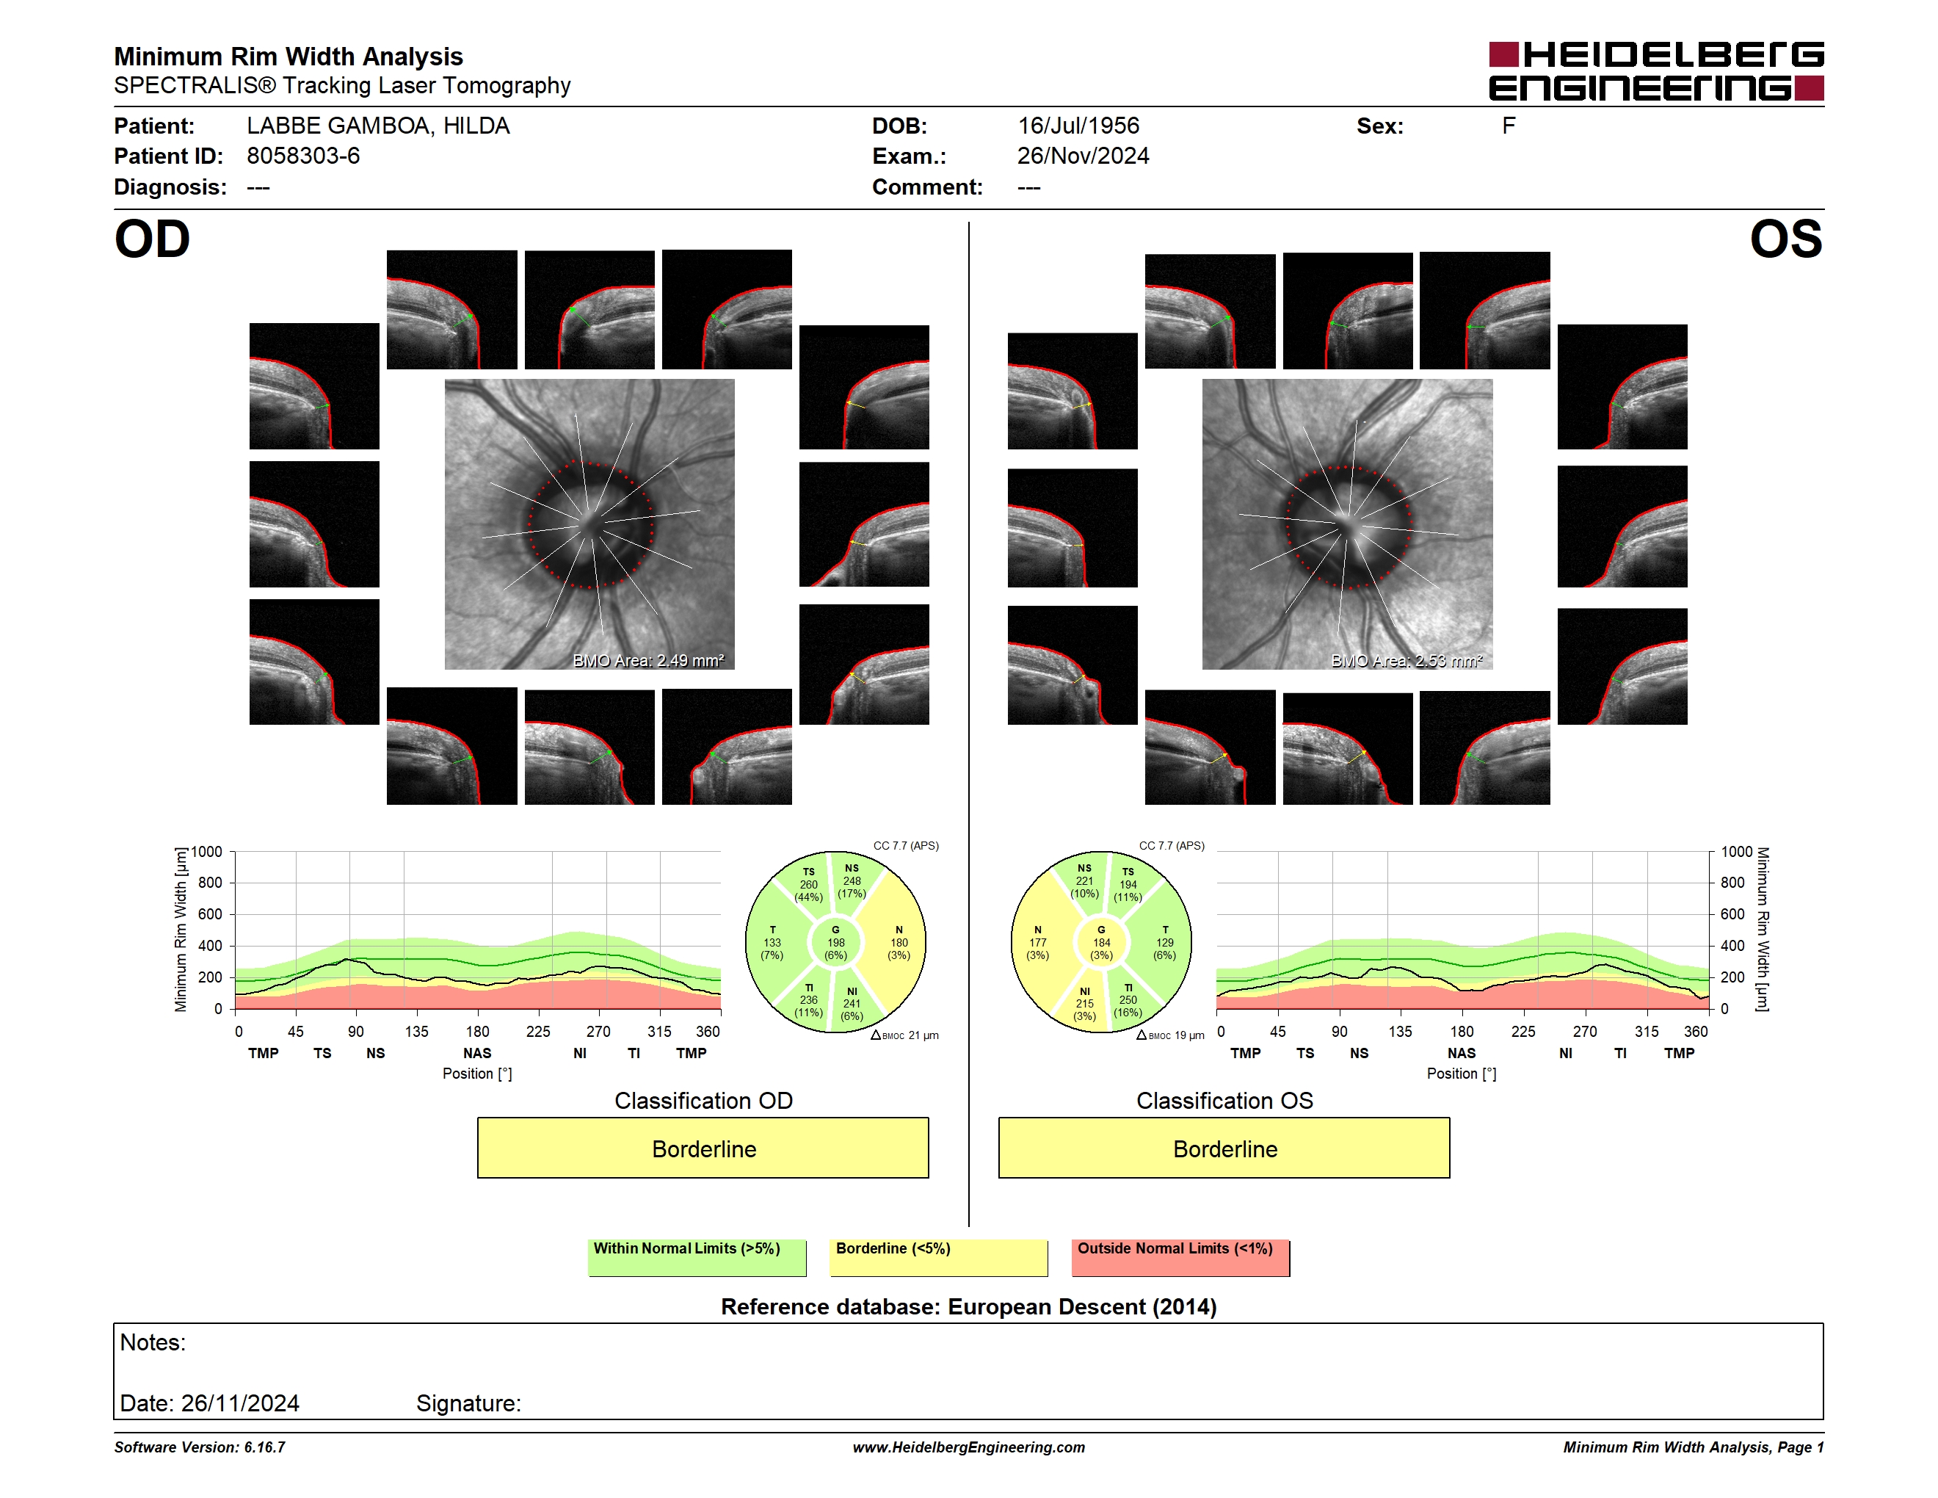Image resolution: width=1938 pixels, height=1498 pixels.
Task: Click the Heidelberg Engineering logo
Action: pyautogui.click(x=1656, y=71)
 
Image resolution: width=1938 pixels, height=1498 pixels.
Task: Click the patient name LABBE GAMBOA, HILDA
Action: pyautogui.click(x=378, y=126)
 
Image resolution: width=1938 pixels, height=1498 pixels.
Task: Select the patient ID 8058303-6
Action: pyautogui.click(x=303, y=156)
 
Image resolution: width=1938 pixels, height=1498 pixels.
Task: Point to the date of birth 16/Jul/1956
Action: pyautogui.click(x=1078, y=126)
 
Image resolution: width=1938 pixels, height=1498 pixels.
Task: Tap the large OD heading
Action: pyautogui.click(x=152, y=239)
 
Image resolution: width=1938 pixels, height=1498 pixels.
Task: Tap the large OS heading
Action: pyautogui.click(x=1786, y=239)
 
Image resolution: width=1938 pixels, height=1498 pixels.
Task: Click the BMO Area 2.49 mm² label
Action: pyautogui.click(x=649, y=660)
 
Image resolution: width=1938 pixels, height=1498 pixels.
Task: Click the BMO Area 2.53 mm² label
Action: pyautogui.click(x=1407, y=660)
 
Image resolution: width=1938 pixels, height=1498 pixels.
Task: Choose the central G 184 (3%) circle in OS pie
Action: pyautogui.click(x=1101, y=942)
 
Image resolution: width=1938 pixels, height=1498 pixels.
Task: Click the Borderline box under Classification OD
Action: pyautogui.click(x=703, y=1148)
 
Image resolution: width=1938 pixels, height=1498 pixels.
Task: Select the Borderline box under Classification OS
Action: pyautogui.click(x=1224, y=1148)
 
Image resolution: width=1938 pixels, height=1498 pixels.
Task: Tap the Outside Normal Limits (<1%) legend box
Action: pyautogui.click(x=1180, y=1257)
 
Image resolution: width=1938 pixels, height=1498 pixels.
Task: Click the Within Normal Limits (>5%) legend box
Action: pyautogui.click(x=697, y=1257)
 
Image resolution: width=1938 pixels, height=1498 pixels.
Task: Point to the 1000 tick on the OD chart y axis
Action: pyautogui.click(x=206, y=852)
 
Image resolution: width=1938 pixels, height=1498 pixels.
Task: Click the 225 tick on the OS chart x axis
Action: pyautogui.click(x=1523, y=1031)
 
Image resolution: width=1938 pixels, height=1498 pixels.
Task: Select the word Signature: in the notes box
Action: pyautogui.click(x=468, y=1403)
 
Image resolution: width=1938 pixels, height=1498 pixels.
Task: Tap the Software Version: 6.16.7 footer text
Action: pyautogui.click(x=200, y=1447)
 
